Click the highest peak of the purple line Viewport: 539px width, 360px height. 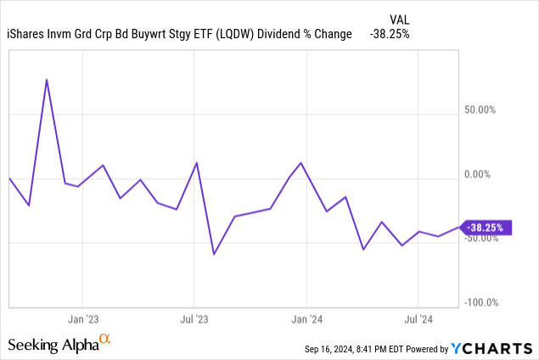tap(47, 80)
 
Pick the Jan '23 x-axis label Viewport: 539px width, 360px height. tap(82, 320)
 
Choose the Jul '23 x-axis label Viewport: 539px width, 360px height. tap(194, 320)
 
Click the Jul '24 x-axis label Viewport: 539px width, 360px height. tap(418, 320)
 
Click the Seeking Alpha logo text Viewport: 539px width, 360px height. tap(53, 345)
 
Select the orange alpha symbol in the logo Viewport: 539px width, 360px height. tap(105, 340)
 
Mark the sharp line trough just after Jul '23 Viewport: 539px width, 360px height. tap(214, 254)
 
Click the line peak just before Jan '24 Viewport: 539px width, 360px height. tap(301, 163)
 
